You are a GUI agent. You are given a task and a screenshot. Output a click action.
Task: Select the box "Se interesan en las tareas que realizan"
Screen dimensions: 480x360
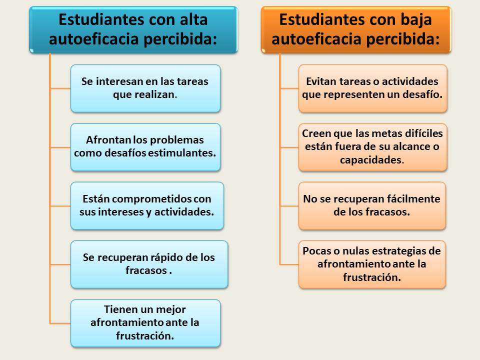(x=145, y=88)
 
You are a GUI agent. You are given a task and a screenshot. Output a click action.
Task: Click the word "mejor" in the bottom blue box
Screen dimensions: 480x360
(x=170, y=309)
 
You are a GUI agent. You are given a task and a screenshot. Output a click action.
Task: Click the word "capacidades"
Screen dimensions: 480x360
(x=371, y=160)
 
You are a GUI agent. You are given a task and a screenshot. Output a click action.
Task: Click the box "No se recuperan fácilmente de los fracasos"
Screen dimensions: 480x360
(x=372, y=205)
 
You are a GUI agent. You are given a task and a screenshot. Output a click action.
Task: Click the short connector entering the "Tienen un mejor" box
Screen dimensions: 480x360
(x=60, y=323)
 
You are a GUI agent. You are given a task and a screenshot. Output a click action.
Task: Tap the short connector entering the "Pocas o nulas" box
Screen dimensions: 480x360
(x=289, y=264)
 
